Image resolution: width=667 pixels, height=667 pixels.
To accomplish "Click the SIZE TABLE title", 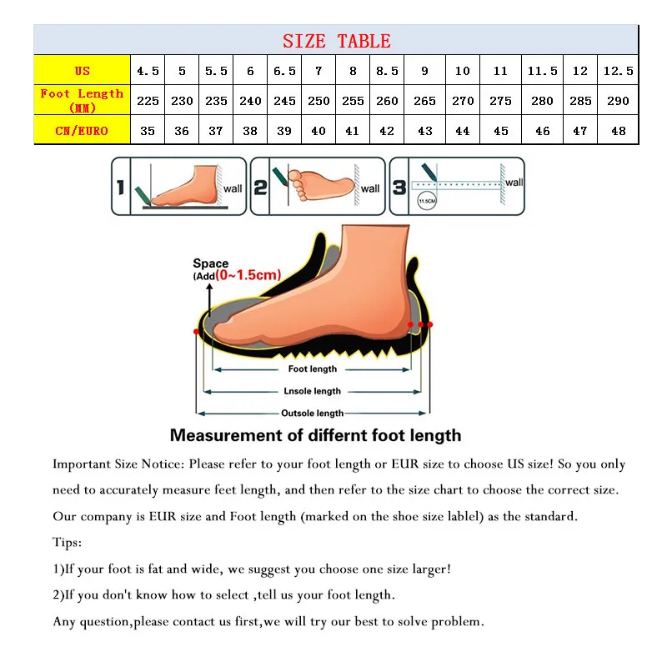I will click(x=336, y=41).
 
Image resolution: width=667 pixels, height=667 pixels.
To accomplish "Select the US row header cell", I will click(x=82, y=71).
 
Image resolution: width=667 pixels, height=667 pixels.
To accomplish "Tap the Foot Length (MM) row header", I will click(x=82, y=100).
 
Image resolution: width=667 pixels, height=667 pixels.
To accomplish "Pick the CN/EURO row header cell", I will click(x=82, y=130).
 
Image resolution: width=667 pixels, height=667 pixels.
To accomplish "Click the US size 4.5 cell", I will click(x=148, y=71).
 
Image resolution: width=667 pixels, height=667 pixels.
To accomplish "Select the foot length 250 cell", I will click(x=318, y=101).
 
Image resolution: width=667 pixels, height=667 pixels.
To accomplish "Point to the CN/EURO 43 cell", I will click(x=424, y=131).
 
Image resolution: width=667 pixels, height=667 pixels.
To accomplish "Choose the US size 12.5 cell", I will click(x=618, y=71).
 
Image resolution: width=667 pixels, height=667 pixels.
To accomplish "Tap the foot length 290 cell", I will click(x=618, y=101).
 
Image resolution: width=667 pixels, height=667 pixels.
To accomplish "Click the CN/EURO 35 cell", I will click(x=148, y=131).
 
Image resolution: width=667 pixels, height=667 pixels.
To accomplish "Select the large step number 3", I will click(x=399, y=187).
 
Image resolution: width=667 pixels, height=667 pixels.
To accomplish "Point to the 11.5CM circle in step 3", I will click(x=427, y=202).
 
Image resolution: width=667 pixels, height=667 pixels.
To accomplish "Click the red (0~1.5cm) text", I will click(x=248, y=275).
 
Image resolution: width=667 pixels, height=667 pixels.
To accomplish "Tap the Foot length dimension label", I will click(x=313, y=369).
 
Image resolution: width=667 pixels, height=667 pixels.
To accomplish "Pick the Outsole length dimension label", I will click(x=313, y=414).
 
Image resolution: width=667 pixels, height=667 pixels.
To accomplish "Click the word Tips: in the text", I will click(x=67, y=543).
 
